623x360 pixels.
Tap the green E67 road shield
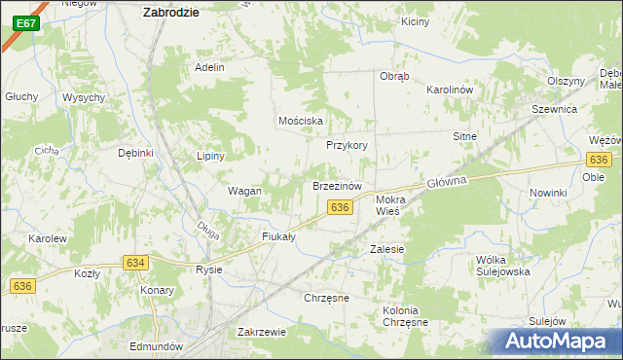(x=27, y=22)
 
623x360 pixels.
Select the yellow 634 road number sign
(x=135, y=263)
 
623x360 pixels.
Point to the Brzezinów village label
(x=337, y=185)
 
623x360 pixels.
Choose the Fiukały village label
(x=278, y=236)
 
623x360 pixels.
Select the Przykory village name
(x=347, y=145)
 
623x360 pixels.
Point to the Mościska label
(x=300, y=120)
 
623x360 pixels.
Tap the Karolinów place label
(x=449, y=90)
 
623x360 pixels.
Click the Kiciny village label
(x=415, y=21)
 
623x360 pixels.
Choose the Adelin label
(x=209, y=67)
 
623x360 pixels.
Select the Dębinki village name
(x=136, y=153)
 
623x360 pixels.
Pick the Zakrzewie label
(x=261, y=332)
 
